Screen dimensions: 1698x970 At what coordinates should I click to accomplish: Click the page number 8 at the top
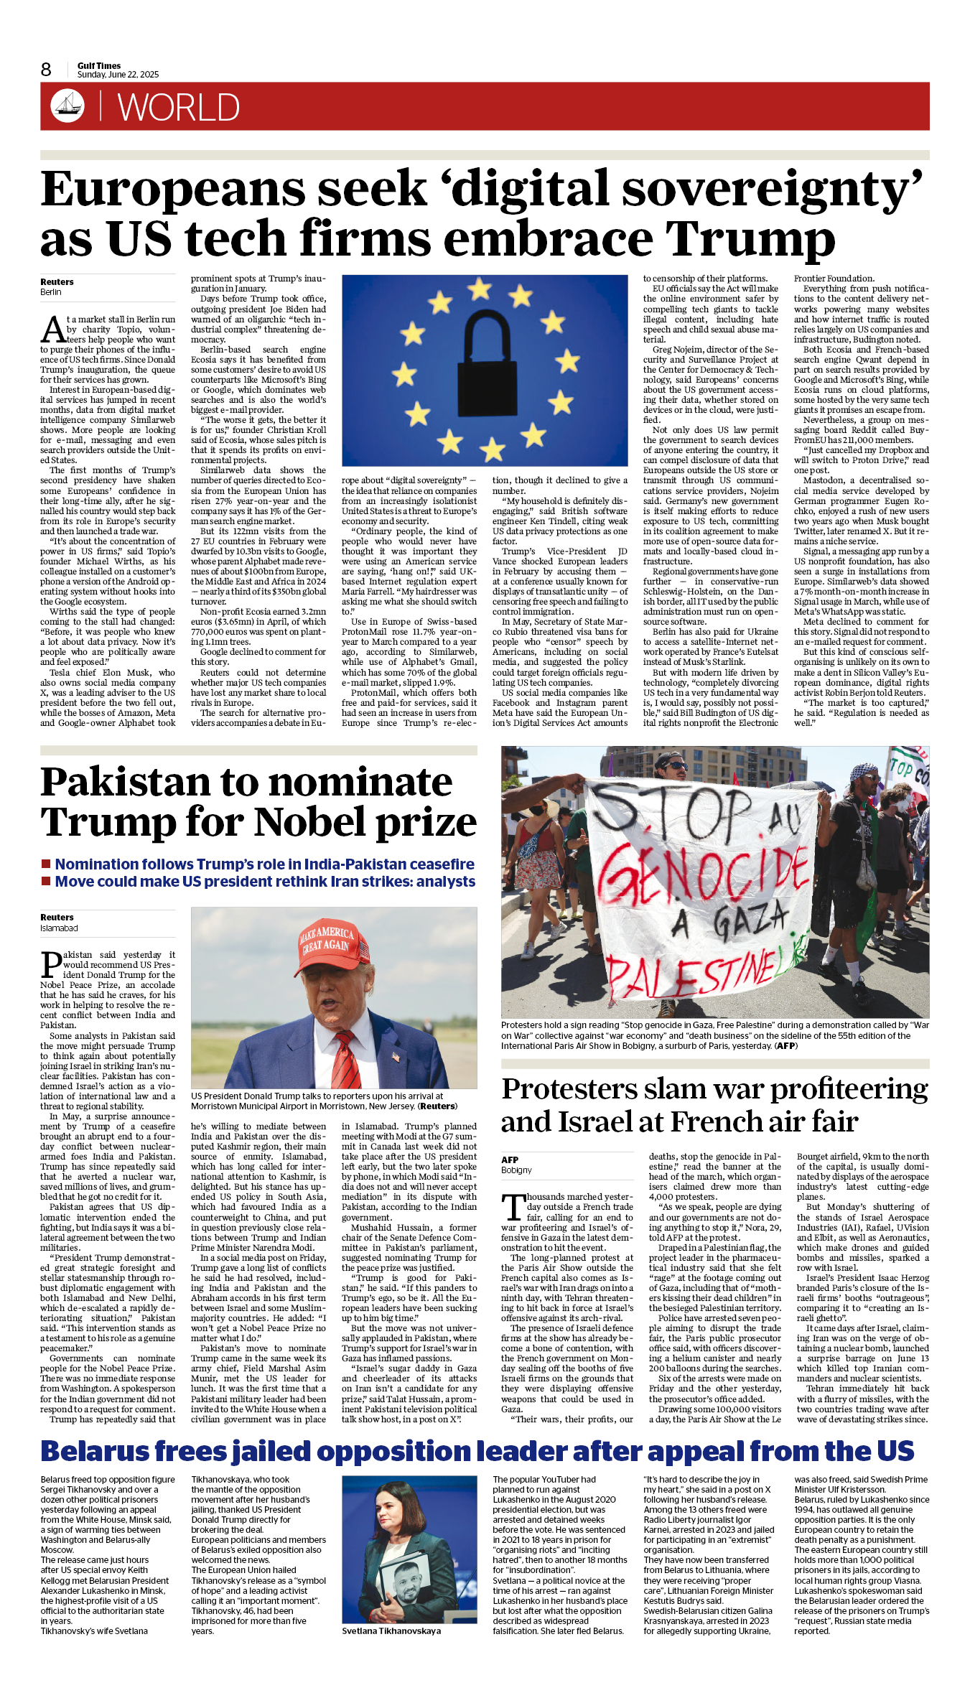point(46,70)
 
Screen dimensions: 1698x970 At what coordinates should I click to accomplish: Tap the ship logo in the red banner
point(67,106)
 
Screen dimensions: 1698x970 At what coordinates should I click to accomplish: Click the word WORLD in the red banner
point(178,108)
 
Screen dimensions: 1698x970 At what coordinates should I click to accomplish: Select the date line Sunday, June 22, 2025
point(118,75)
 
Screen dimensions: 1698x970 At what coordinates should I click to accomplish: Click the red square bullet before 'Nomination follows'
point(46,864)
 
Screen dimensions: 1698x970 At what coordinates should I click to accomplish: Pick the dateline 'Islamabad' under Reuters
point(59,928)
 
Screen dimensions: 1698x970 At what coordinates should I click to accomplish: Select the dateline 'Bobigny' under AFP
point(516,1170)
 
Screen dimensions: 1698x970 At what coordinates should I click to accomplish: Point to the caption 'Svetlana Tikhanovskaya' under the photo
point(391,1631)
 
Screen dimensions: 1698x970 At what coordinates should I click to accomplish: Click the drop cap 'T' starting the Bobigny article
point(513,1207)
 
